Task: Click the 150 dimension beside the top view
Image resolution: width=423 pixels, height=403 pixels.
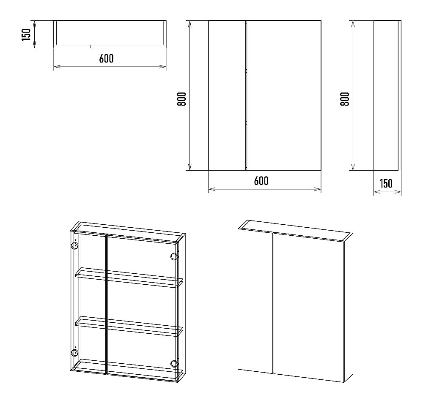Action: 26,35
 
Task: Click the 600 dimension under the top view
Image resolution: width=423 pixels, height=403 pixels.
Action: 106,58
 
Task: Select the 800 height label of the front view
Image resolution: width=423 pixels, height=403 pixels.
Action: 181,99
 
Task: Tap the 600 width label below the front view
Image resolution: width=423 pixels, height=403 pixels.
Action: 261,181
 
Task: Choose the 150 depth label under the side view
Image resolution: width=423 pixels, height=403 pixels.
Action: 386,183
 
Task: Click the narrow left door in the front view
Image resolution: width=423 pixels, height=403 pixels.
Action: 227,95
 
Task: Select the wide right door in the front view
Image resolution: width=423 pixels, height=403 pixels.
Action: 284,95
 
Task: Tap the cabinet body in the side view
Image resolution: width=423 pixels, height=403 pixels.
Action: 386,95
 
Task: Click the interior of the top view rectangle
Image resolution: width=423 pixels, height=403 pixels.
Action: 110,33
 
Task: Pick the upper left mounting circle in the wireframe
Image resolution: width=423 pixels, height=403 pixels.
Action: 74,246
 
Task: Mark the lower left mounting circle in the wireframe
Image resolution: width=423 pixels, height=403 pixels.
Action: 74,353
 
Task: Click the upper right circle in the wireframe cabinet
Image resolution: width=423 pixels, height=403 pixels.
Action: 174,256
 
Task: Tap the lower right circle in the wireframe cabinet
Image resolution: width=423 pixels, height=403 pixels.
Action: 174,364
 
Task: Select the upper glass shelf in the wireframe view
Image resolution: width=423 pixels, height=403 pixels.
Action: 129,278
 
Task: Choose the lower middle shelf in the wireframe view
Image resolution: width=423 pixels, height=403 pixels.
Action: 129,326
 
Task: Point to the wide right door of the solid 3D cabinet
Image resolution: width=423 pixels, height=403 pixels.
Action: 309,308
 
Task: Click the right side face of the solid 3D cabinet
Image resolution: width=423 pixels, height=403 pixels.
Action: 349,308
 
